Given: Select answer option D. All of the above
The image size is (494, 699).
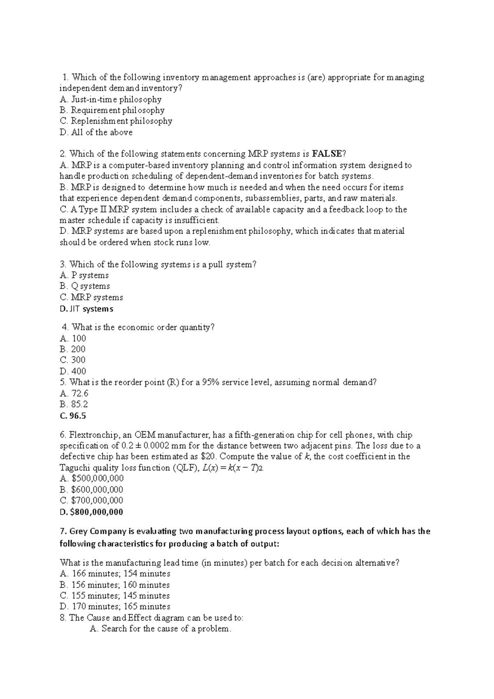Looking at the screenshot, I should pyautogui.click(x=96, y=132).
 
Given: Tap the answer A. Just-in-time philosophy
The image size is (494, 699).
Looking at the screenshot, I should pyautogui.click(x=110, y=99).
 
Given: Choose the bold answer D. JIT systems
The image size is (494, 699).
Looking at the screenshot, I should pyautogui.click(x=86, y=309).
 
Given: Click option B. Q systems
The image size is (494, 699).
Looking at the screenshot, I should pyautogui.click(x=85, y=286).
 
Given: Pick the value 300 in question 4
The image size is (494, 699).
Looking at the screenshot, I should pyautogui.click(x=78, y=360).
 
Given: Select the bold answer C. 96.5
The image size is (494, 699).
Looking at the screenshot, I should pyautogui.click(x=73, y=416).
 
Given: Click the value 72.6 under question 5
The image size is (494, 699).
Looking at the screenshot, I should pyautogui.click(x=79, y=393).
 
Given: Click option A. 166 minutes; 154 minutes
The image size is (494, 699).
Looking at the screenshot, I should pyautogui.click(x=115, y=573).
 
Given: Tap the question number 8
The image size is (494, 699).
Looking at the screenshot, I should pyautogui.click(x=62, y=618).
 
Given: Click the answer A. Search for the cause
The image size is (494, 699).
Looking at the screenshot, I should pyautogui.click(x=161, y=629).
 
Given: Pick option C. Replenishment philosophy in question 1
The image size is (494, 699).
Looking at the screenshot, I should pyautogui.click(x=116, y=121).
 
